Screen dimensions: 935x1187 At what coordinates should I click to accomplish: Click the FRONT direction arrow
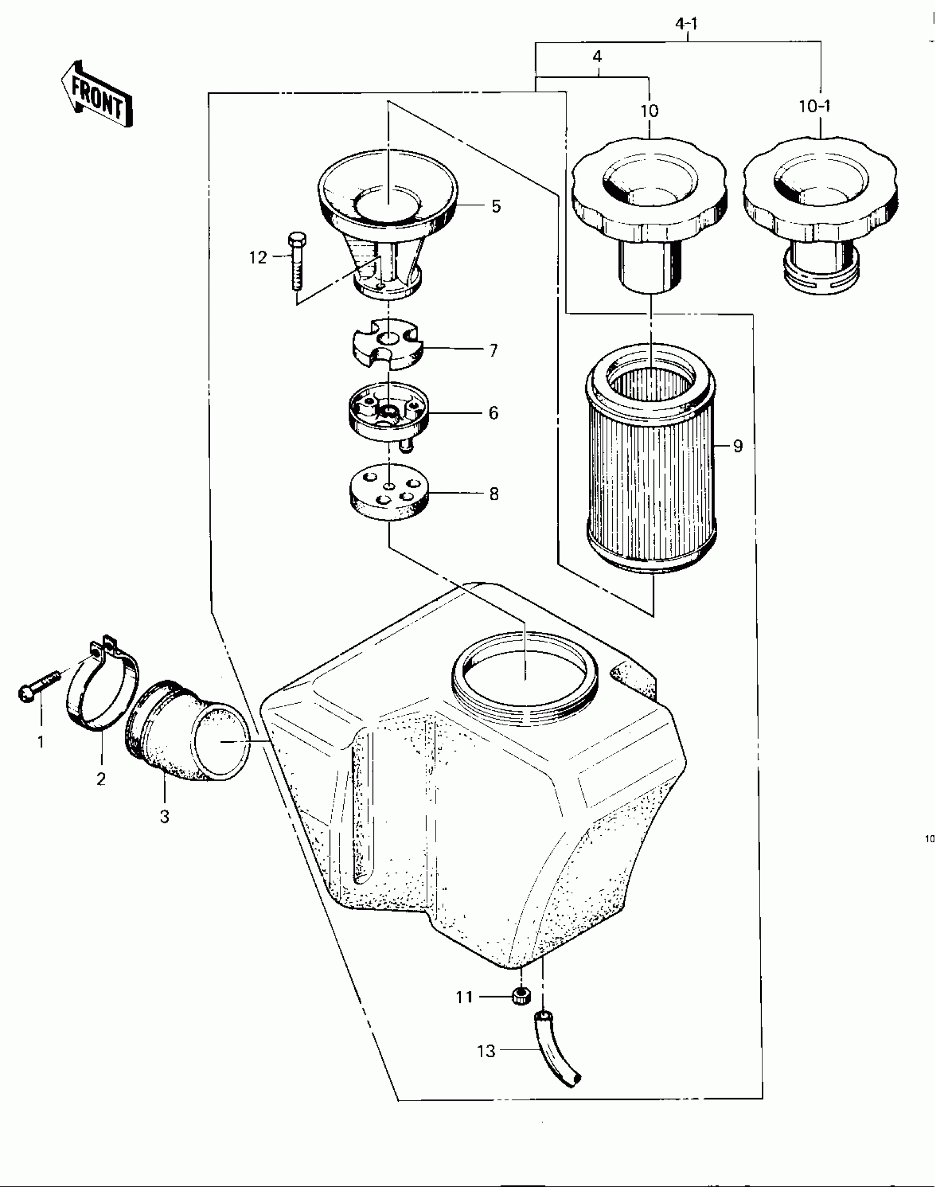click(97, 93)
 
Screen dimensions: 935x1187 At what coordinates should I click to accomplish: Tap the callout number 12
click(258, 257)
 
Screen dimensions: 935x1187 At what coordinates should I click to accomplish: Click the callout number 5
click(496, 206)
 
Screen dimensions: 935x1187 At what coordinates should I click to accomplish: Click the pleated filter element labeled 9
click(652, 456)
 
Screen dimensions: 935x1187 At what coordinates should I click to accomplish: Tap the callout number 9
click(738, 446)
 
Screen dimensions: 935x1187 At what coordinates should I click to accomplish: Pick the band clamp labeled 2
click(103, 687)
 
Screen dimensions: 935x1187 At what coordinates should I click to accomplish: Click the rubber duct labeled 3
click(187, 731)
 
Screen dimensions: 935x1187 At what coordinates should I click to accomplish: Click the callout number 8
click(494, 494)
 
